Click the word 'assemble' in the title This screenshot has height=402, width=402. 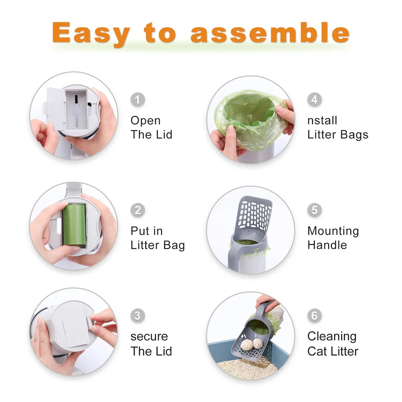[270, 33]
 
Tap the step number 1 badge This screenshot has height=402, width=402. [137, 99]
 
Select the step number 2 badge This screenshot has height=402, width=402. [137, 210]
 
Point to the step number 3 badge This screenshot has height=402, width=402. [137, 316]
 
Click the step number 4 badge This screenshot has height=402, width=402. [314, 99]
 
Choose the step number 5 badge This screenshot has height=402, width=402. [314, 210]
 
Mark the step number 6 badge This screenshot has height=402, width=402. [314, 316]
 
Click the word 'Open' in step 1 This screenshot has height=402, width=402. [145, 121]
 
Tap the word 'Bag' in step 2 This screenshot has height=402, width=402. [174, 246]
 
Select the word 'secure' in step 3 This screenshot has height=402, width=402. [149, 336]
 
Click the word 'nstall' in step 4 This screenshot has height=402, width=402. [322, 121]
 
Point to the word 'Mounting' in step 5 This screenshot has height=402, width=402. [333, 231]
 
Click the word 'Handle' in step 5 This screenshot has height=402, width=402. [327, 245]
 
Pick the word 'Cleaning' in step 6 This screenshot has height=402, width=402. [332, 336]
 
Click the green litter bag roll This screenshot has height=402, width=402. [74, 225]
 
